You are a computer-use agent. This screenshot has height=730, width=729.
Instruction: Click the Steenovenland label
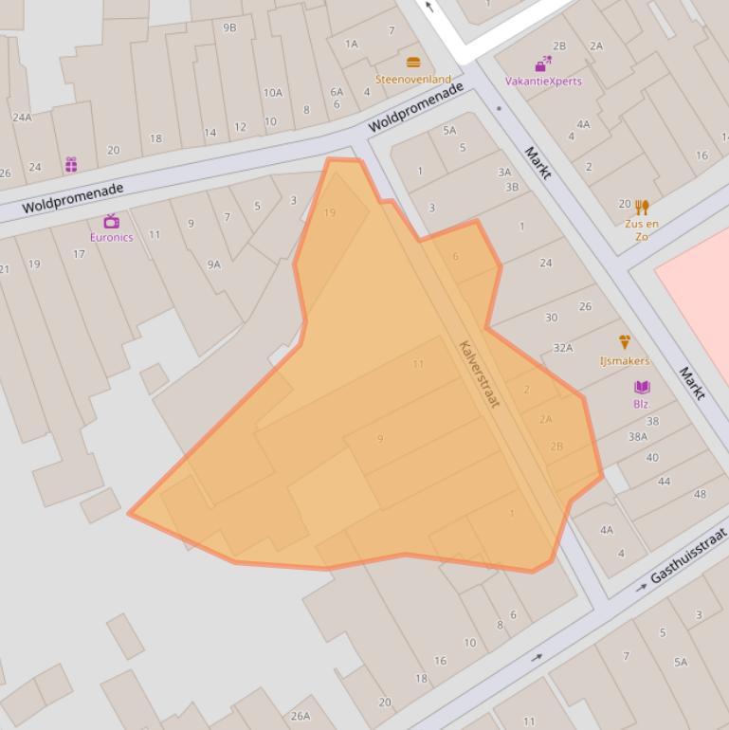412,80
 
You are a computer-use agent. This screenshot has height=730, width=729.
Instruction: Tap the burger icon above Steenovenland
413,63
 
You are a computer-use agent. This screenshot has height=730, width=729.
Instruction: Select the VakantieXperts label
543,82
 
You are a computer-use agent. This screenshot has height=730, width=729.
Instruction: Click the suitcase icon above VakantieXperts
543,64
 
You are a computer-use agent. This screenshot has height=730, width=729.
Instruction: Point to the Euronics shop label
111,237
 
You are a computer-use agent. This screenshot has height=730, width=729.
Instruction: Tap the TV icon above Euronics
111,221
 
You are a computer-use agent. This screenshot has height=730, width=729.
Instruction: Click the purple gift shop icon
71,165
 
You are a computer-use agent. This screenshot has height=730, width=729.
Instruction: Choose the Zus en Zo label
642,229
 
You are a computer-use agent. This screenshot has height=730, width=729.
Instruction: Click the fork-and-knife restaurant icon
642,207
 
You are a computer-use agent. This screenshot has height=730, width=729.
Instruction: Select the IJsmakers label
625,360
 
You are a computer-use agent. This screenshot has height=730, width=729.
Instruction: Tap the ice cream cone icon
625,341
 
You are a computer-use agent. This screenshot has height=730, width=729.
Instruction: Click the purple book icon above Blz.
642,387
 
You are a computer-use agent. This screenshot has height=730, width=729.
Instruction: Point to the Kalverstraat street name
479,374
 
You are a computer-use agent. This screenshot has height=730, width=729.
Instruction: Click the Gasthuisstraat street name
688,556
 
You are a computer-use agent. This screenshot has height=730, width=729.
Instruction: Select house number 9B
229,27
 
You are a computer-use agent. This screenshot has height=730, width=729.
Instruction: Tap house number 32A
563,348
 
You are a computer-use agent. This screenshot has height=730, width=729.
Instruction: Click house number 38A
638,437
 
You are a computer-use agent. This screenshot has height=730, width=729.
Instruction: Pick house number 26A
301,716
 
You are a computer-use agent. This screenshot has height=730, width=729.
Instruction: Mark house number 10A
273,93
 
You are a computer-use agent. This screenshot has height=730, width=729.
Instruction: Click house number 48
700,494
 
